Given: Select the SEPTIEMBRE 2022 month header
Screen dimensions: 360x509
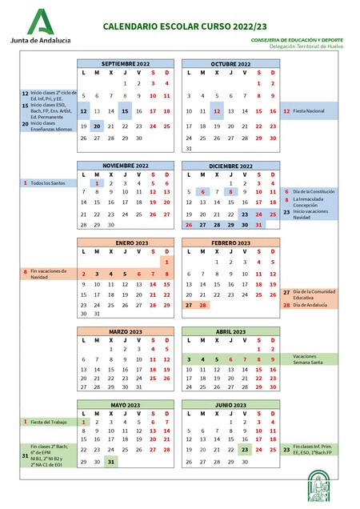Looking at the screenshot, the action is click(126, 63).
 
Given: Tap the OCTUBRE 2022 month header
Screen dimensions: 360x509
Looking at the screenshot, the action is click(230, 63).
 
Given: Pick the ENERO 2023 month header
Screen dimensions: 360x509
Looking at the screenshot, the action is click(126, 242).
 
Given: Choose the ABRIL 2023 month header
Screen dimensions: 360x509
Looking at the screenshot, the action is click(230, 331).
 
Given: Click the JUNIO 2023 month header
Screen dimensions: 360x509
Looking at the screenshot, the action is click(230, 406).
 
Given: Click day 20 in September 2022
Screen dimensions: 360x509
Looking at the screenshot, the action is click(97, 125).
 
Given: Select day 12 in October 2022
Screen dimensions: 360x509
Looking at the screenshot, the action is click(216, 111).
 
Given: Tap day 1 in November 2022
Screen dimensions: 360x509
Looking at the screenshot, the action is click(97, 183).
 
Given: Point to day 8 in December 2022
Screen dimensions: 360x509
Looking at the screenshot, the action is click(230, 192).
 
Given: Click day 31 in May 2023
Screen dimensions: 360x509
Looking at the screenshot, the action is click(111, 462).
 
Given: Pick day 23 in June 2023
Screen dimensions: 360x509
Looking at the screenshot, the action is click(245, 450).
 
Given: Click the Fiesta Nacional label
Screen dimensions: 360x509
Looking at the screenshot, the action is click(310, 111).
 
